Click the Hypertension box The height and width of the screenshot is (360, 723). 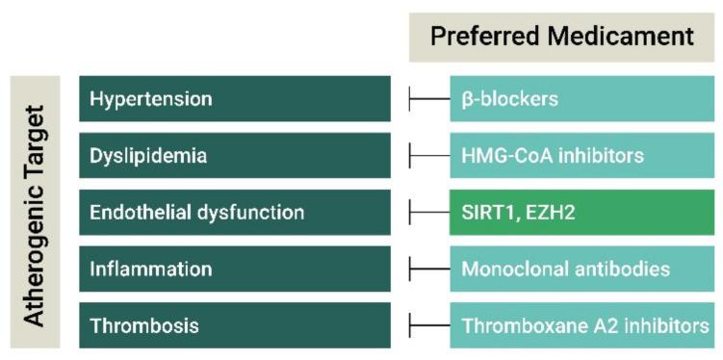click(x=235, y=98)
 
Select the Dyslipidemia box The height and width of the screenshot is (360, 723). click(x=235, y=155)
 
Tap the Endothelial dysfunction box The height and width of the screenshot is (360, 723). click(x=235, y=212)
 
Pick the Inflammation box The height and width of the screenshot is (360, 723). click(x=235, y=269)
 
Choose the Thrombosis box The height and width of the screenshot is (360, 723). click(x=235, y=325)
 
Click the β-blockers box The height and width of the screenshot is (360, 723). click(x=581, y=98)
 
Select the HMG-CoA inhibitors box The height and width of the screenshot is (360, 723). click(x=581, y=155)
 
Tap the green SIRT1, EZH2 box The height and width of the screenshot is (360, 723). click(x=581, y=212)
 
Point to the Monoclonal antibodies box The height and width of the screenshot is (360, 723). click(x=581, y=269)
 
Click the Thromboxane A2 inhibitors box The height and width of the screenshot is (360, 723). click(x=581, y=325)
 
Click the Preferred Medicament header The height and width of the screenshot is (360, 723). click(x=562, y=37)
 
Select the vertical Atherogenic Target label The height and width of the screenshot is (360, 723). click(x=35, y=212)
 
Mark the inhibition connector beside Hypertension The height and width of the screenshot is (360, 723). click(x=429, y=98)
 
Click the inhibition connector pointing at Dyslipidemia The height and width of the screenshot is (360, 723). click(x=429, y=155)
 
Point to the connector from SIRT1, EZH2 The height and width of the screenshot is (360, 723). click(x=429, y=212)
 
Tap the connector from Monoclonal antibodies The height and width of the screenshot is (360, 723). click(x=429, y=269)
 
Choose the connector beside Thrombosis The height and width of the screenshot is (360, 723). click(x=429, y=325)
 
